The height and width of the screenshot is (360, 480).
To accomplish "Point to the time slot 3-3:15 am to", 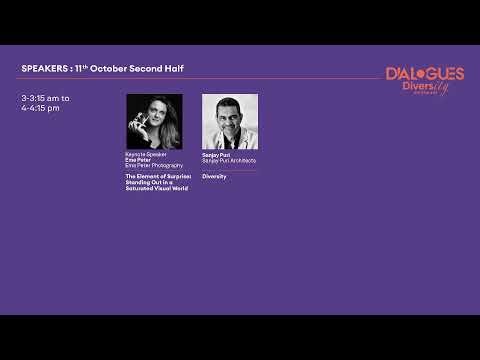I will click(x=45, y=98).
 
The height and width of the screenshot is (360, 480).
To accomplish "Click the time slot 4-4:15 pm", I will click(x=41, y=107).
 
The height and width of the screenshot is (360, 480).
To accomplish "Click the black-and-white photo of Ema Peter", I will click(x=154, y=121).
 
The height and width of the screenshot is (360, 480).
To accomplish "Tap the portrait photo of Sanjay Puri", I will click(x=230, y=121).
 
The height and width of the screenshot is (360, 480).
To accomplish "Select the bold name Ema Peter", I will click(x=137, y=159).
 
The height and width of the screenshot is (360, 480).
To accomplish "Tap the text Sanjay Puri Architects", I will click(x=229, y=160).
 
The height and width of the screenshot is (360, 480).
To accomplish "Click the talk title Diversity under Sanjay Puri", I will click(x=215, y=176).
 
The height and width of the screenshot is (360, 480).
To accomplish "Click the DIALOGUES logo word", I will click(x=425, y=74).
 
